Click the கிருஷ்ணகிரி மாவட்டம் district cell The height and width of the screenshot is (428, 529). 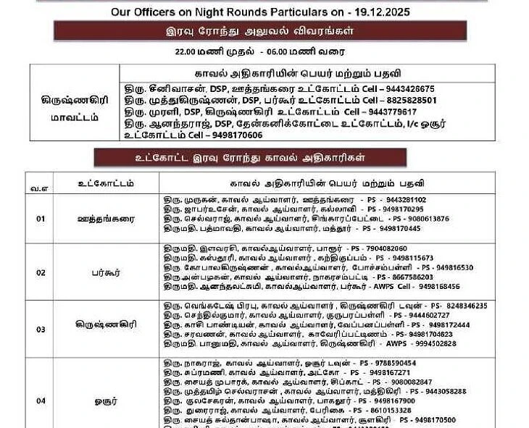pyautogui.click(x=75, y=108)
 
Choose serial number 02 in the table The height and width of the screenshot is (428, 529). pyautogui.click(x=41, y=272)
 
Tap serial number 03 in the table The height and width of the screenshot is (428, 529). pyautogui.click(x=41, y=329)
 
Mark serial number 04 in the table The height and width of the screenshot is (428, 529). pyautogui.click(x=41, y=400)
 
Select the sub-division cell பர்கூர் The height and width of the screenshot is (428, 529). pyautogui.click(x=106, y=272)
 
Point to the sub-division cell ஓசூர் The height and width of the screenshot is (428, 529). pyautogui.click(x=106, y=400)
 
